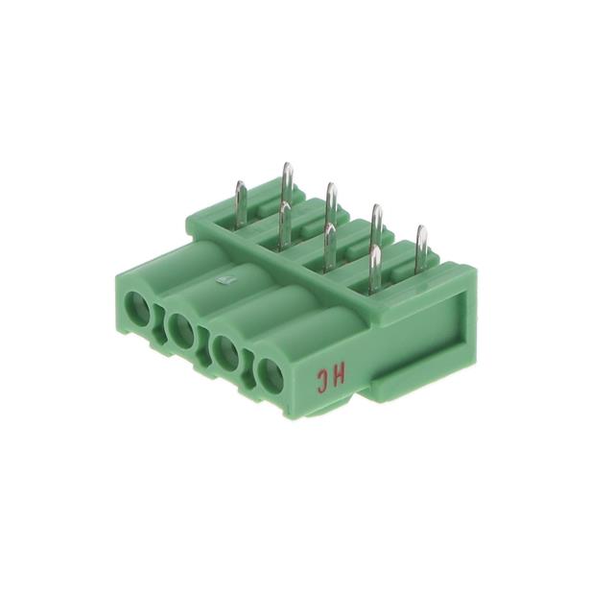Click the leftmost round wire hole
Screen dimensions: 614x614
(x=137, y=309)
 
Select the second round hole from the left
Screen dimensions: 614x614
(x=180, y=331)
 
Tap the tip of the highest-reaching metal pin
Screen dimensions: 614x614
(x=288, y=164)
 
